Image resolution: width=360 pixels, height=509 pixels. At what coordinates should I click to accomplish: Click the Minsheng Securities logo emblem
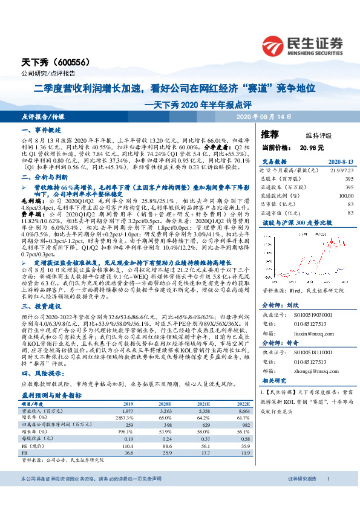pyautogui.click(x=275, y=45)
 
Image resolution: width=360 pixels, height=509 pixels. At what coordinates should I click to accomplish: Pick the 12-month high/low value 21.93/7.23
pyautogui.click(x=342, y=171)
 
